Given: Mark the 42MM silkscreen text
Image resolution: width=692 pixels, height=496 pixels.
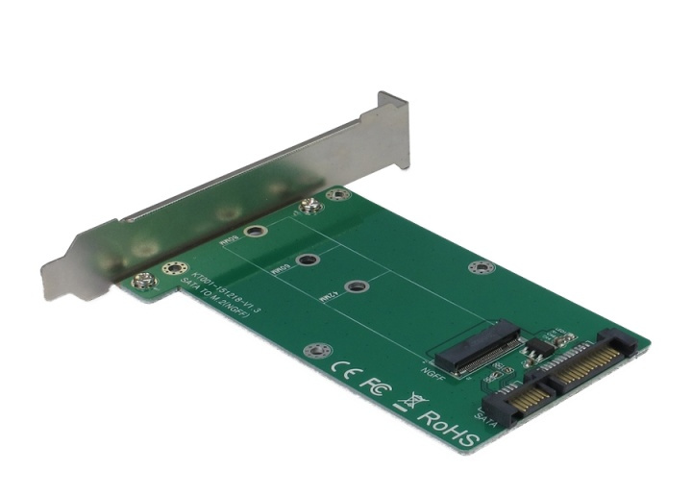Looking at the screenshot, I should coord(328,299).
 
